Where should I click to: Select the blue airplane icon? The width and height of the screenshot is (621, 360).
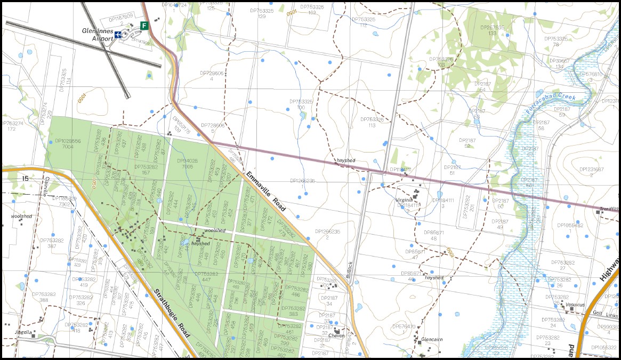pyautogui.click(x=118, y=35)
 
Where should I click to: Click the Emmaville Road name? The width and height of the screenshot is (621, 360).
pyautogui.click(x=266, y=191)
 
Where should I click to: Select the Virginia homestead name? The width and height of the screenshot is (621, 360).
pyautogui.click(x=404, y=199)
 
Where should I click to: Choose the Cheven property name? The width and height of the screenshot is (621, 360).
pyautogui.click(x=336, y=335)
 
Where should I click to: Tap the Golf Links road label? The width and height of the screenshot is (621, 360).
pyautogui.click(x=597, y=313)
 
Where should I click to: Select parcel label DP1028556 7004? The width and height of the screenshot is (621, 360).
pyautogui.click(x=68, y=143)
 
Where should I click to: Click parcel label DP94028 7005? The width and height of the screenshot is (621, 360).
pyautogui.click(x=187, y=163)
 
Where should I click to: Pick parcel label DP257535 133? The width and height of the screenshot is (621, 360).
pyautogui.click(x=492, y=30)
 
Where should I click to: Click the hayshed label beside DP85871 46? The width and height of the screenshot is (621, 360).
pyautogui.click(x=434, y=278)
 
